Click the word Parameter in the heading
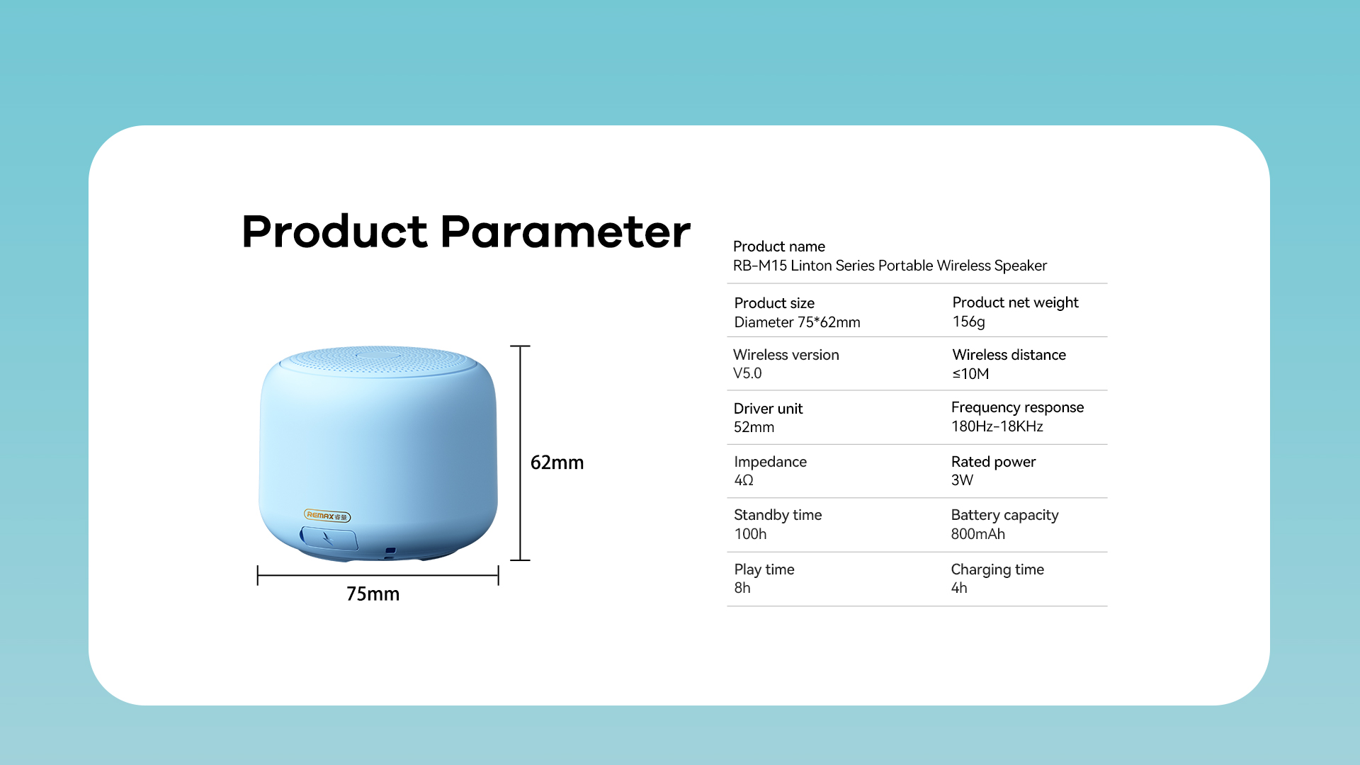pos(565,232)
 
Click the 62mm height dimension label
pos(557,463)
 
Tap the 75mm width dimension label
pos(373,594)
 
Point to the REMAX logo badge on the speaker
pos(327,516)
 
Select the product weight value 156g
pos(968,322)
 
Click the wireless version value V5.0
pos(747,373)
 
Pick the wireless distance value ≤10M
pos(970,374)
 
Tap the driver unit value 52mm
pos(754,427)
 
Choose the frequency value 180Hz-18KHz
pos(997,426)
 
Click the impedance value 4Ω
pos(744,480)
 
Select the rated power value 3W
pos(962,480)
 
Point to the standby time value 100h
pos(750,534)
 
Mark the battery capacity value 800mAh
pos(977,534)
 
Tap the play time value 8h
pos(742,588)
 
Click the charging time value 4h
pos(958,588)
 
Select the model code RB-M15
pos(759,266)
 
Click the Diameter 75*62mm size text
pos(797,322)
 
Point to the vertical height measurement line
pos(520,453)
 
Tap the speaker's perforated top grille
pos(378,361)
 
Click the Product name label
pos(778,246)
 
